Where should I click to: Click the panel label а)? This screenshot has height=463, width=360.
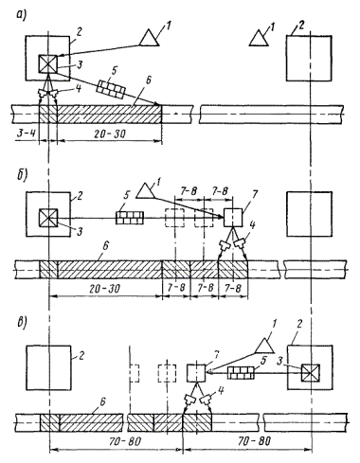22,15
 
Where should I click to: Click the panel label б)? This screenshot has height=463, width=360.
22,174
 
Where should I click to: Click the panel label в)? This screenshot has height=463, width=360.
22,322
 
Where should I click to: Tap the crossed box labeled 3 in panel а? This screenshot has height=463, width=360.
48,63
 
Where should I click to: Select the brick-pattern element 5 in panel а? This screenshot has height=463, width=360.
111,89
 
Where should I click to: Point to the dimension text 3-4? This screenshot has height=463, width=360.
25,134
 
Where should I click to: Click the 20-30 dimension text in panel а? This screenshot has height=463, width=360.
110,134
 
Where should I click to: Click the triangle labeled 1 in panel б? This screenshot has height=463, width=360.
145,191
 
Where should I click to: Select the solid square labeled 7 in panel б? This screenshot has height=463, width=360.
233,218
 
